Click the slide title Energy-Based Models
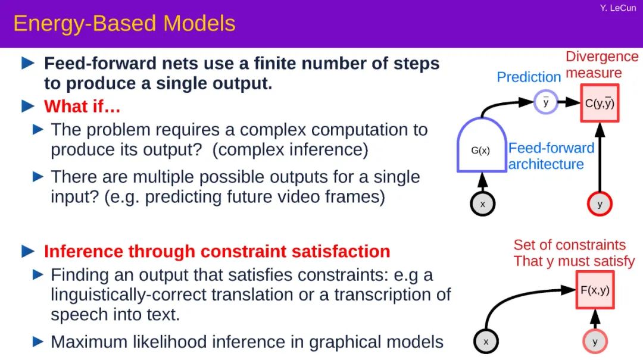coord(124,23)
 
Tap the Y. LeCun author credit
coord(618,8)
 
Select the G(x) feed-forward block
coord(482,145)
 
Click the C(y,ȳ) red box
coord(600,104)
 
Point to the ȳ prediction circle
coord(546,102)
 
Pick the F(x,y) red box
coord(595,290)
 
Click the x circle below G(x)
coord(483,204)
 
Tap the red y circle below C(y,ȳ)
coord(600,204)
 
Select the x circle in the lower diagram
coord(486,341)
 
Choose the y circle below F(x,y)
coord(595,341)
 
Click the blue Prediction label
coord(529,77)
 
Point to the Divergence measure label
coord(601,65)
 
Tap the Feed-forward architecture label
coord(551,156)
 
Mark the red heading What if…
coord(82,107)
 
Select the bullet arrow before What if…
coord(27,107)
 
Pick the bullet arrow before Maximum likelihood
coord(38,341)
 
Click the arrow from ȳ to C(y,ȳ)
coord(569,102)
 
